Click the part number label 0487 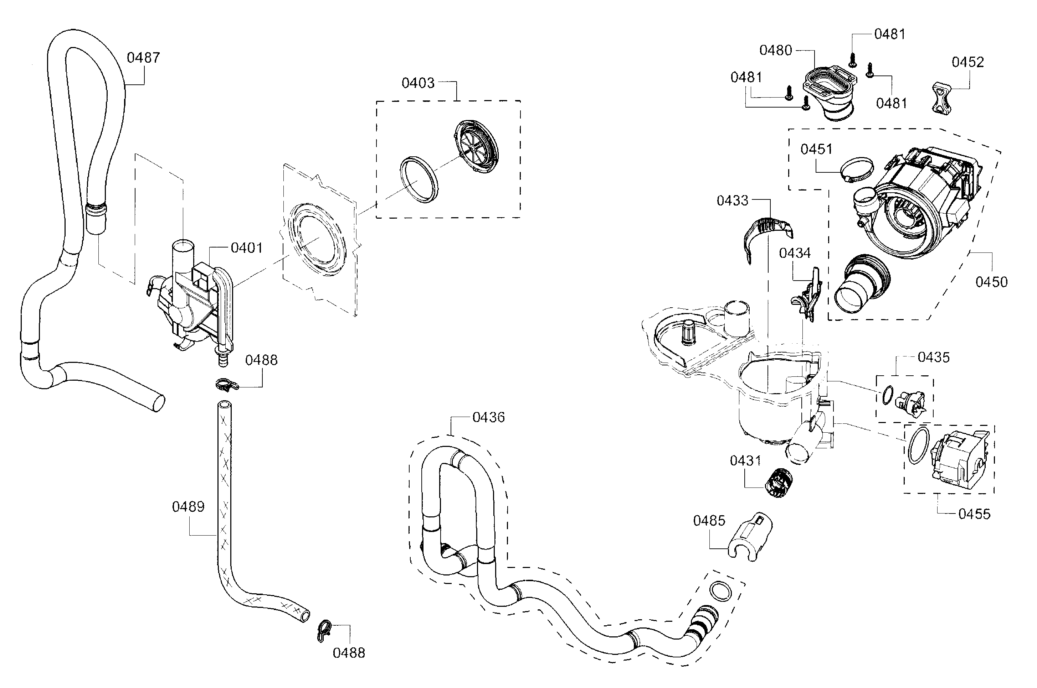143,57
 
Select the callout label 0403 418,83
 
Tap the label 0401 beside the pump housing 246,248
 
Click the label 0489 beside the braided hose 188,507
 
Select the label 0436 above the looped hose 488,417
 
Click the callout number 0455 974,514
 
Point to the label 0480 776,51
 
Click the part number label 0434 795,253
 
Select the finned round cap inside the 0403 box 476,148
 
